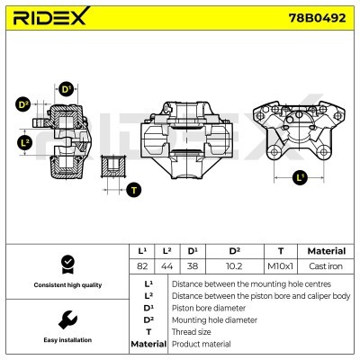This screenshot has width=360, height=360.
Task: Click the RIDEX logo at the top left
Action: [x=50, y=19]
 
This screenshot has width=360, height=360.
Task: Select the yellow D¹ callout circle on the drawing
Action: [x=66, y=89]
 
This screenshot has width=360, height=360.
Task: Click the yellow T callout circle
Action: [x=134, y=189]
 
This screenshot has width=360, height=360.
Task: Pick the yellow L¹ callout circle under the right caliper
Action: [x=301, y=177]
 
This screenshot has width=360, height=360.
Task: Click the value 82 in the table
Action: [x=141, y=266]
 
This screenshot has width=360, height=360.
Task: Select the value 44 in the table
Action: [x=166, y=266]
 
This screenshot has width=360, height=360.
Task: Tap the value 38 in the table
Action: [x=193, y=266]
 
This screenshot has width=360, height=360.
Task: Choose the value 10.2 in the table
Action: [x=234, y=266]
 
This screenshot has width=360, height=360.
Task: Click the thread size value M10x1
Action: [x=281, y=266]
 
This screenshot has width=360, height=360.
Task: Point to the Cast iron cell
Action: [x=326, y=266]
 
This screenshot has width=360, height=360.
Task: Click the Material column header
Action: [x=326, y=251]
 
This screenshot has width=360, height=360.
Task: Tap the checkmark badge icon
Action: [x=66, y=264]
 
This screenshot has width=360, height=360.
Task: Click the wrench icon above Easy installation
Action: [x=66, y=319]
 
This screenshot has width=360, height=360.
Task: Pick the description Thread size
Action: [x=191, y=331]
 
